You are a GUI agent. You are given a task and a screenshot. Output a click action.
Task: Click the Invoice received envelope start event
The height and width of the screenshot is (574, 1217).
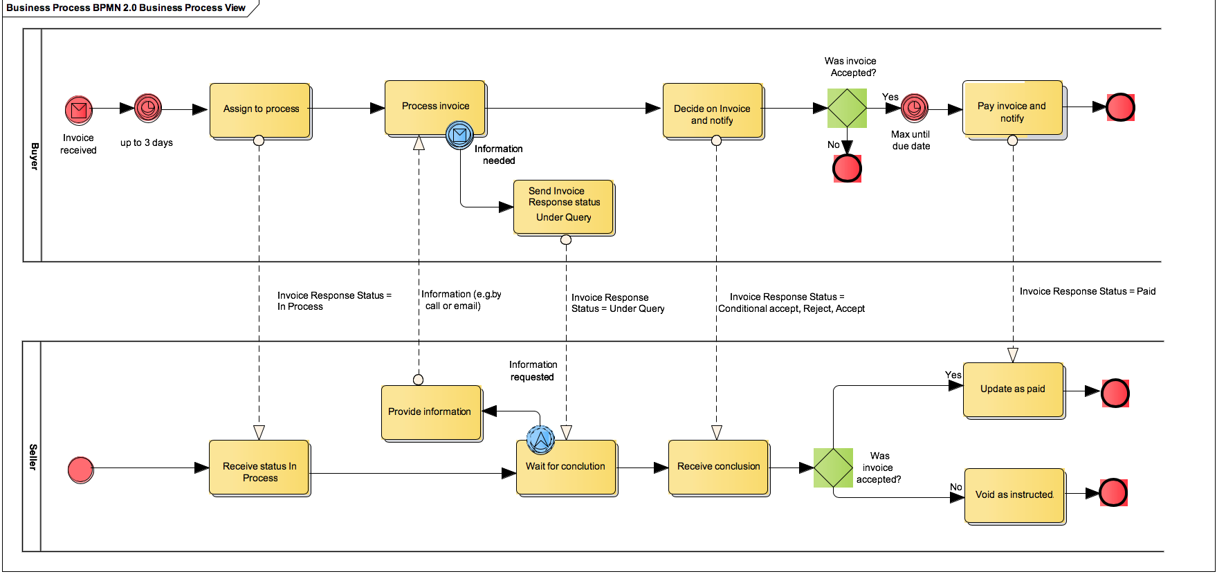[x=79, y=109]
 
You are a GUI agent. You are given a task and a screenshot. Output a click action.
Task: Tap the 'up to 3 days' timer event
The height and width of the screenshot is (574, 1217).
[x=147, y=108]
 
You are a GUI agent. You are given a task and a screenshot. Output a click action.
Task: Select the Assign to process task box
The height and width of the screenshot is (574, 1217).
[x=261, y=109]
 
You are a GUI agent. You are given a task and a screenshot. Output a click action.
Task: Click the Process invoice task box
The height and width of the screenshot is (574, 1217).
[x=435, y=107]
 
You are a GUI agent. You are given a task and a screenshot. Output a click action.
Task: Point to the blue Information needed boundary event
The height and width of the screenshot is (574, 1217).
[x=459, y=135]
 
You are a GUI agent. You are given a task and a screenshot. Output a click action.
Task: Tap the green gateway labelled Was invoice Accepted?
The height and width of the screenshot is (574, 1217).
[x=847, y=108]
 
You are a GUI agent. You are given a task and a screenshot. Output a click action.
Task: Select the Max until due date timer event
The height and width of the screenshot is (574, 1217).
[x=914, y=108]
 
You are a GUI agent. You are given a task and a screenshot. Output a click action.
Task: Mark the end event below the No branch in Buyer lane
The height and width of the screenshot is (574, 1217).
[x=847, y=168]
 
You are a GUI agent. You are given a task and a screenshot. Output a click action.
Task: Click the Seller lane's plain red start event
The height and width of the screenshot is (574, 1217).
[x=81, y=470]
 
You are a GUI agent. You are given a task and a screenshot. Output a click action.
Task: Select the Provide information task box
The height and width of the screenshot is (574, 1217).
[x=430, y=412]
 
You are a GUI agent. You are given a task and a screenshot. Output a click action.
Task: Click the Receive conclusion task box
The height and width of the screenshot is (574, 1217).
[x=718, y=467]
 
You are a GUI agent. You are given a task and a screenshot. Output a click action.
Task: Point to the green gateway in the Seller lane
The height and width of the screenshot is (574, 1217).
[x=833, y=467]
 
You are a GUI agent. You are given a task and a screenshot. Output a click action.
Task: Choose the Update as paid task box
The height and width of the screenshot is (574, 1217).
[x=1012, y=389]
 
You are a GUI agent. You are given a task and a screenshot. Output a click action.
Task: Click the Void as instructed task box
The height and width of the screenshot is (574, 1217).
[x=1014, y=495]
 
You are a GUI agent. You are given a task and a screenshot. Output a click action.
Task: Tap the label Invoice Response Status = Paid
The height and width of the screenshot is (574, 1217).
[x=1087, y=291]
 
